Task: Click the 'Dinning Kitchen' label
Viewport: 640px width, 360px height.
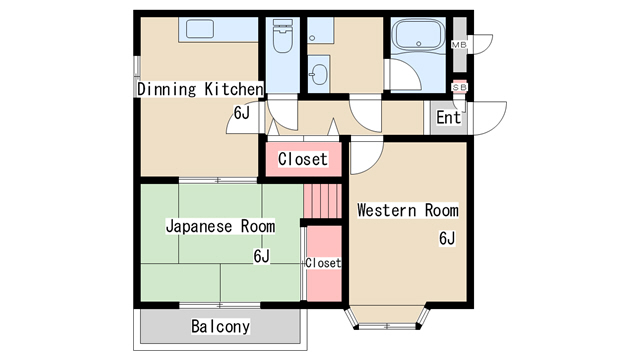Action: tap(199, 90)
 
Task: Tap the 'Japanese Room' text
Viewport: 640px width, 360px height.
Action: tap(220, 226)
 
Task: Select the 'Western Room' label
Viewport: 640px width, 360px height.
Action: tap(407, 211)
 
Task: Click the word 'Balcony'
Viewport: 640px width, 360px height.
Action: tap(220, 327)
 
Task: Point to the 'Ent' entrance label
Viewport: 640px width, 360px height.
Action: tap(449, 118)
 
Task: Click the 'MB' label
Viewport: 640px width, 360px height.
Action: tap(459, 45)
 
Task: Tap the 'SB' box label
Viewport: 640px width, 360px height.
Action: tap(459, 88)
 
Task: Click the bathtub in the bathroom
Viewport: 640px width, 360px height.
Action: tap(419, 37)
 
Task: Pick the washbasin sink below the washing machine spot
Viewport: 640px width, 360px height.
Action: tap(319, 73)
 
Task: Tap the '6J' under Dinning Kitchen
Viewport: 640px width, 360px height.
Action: tap(241, 113)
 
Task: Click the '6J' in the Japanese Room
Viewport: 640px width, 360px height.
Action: tap(261, 256)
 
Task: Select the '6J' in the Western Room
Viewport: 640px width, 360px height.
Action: tap(446, 238)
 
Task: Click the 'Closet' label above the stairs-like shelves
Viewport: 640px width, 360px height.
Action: tap(302, 159)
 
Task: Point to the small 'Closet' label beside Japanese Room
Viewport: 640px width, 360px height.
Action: tap(323, 263)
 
